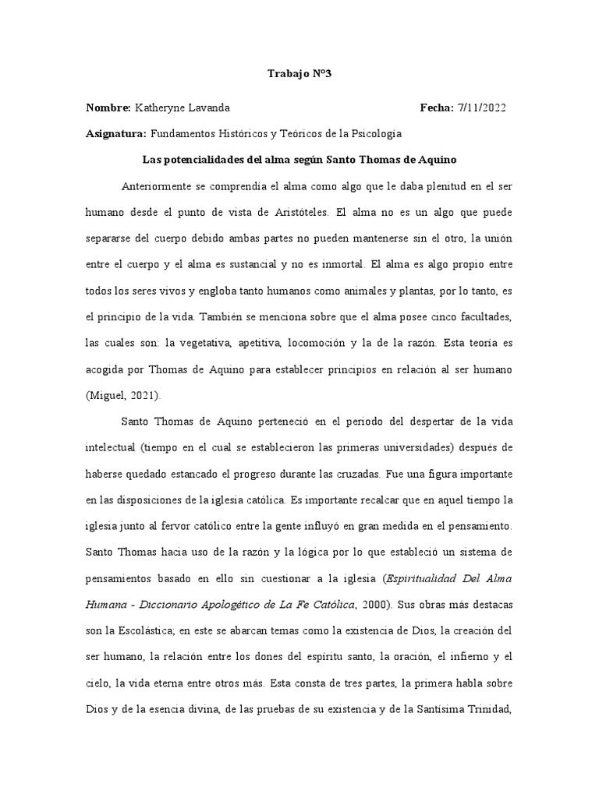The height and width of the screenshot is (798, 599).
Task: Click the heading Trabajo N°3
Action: (299, 74)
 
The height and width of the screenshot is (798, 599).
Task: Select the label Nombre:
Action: (108, 108)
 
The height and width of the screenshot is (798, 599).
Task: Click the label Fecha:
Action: (437, 108)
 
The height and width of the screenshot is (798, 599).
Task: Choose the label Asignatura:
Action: (115, 133)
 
